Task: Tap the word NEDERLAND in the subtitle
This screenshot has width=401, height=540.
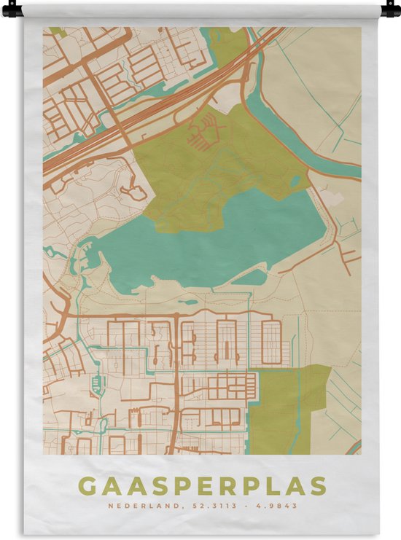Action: (x=135, y=505)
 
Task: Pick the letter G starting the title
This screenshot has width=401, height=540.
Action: (x=85, y=485)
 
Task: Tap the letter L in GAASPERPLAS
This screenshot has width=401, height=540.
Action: (x=273, y=485)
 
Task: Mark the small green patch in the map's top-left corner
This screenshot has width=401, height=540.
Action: (x=54, y=31)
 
